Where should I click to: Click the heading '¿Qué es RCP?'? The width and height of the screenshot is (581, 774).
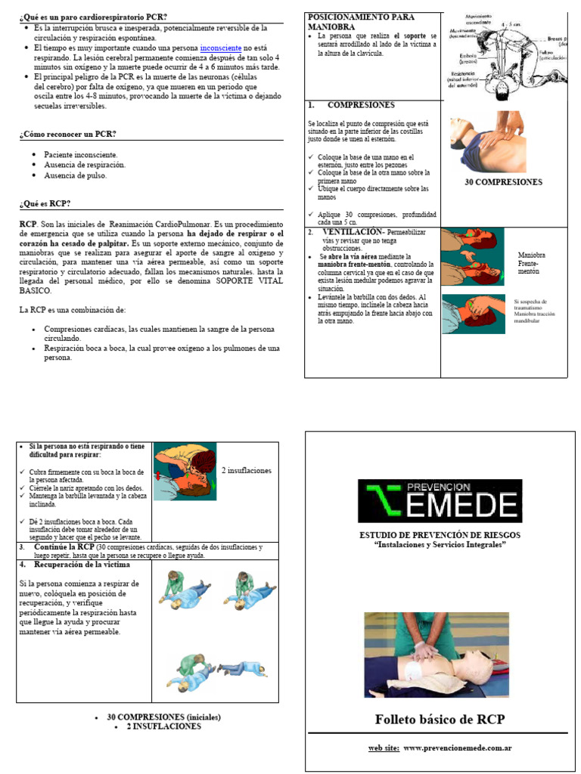click(x=45, y=203)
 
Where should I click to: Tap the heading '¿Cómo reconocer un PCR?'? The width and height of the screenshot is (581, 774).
click(x=67, y=134)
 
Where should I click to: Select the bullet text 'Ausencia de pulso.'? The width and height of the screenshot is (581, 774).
click(x=76, y=175)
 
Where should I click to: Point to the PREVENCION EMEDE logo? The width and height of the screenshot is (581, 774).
click(x=440, y=501)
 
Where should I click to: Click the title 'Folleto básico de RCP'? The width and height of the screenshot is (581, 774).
click(x=440, y=719)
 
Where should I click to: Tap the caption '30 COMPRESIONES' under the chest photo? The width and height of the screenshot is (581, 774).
click(x=503, y=182)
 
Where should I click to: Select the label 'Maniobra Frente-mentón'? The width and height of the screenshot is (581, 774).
click(x=531, y=263)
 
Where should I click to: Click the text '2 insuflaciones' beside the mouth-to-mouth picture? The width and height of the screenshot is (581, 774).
click(x=247, y=470)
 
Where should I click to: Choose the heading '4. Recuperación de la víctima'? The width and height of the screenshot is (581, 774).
click(x=75, y=565)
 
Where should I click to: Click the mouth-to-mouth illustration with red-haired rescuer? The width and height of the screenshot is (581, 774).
click(x=185, y=472)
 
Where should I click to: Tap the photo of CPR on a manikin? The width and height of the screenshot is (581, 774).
click(x=437, y=655)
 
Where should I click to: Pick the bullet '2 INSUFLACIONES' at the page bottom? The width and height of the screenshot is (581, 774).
click(x=163, y=726)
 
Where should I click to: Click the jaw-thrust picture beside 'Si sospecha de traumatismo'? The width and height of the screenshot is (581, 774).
click(x=473, y=310)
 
